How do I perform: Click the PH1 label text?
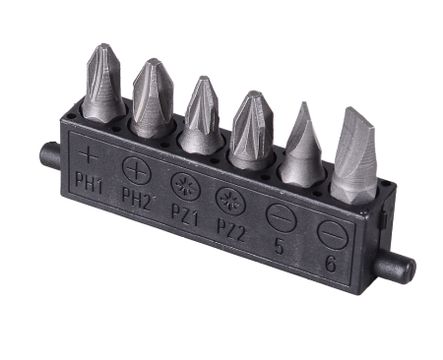(89, 184)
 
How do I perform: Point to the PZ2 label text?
(231, 230)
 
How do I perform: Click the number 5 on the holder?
(279, 247)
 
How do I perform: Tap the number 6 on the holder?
(331, 264)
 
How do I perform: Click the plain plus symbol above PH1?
(88, 155)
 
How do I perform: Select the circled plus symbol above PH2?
(136, 171)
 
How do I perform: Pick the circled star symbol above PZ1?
(186, 187)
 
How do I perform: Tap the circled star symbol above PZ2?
(230, 202)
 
